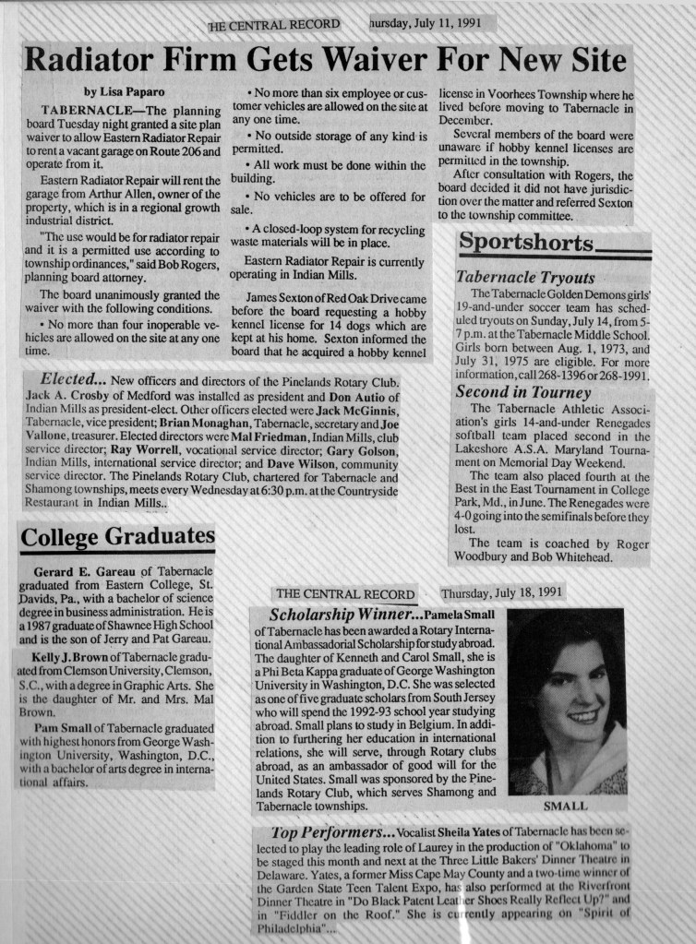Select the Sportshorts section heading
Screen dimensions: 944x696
tap(527, 244)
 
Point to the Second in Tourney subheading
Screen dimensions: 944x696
tap(523, 392)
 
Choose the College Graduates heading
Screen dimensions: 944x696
tap(117, 536)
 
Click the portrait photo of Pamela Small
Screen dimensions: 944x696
tap(566, 700)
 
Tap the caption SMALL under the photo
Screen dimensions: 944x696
tap(566, 806)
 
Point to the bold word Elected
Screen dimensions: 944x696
tap(72, 380)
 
